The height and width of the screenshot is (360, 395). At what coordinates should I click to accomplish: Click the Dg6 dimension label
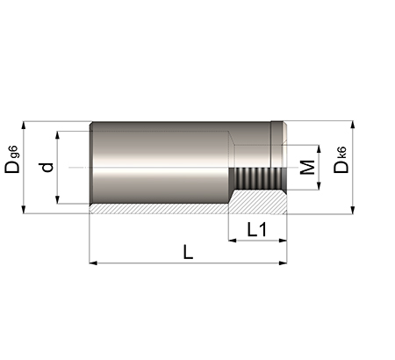(x=12, y=160)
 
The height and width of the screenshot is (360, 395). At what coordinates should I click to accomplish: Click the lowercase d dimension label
(x=47, y=167)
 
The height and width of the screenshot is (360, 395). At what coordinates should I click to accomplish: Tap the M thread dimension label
(x=307, y=167)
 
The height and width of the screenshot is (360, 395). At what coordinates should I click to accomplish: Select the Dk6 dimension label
(x=341, y=160)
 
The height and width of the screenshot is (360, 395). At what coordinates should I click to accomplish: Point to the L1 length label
(x=257, y=229)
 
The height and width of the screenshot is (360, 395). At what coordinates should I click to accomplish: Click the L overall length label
(x=188, y=252)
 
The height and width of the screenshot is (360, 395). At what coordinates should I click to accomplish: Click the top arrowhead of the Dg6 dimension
(x=24, y=125)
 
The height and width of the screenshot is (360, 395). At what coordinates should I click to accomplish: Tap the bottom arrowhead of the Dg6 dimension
(x=24, y=210)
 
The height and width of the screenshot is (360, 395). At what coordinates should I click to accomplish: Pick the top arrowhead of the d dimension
(x=58, y=135)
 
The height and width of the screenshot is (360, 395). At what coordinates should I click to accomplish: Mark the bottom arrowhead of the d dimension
(x=58, y=199)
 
